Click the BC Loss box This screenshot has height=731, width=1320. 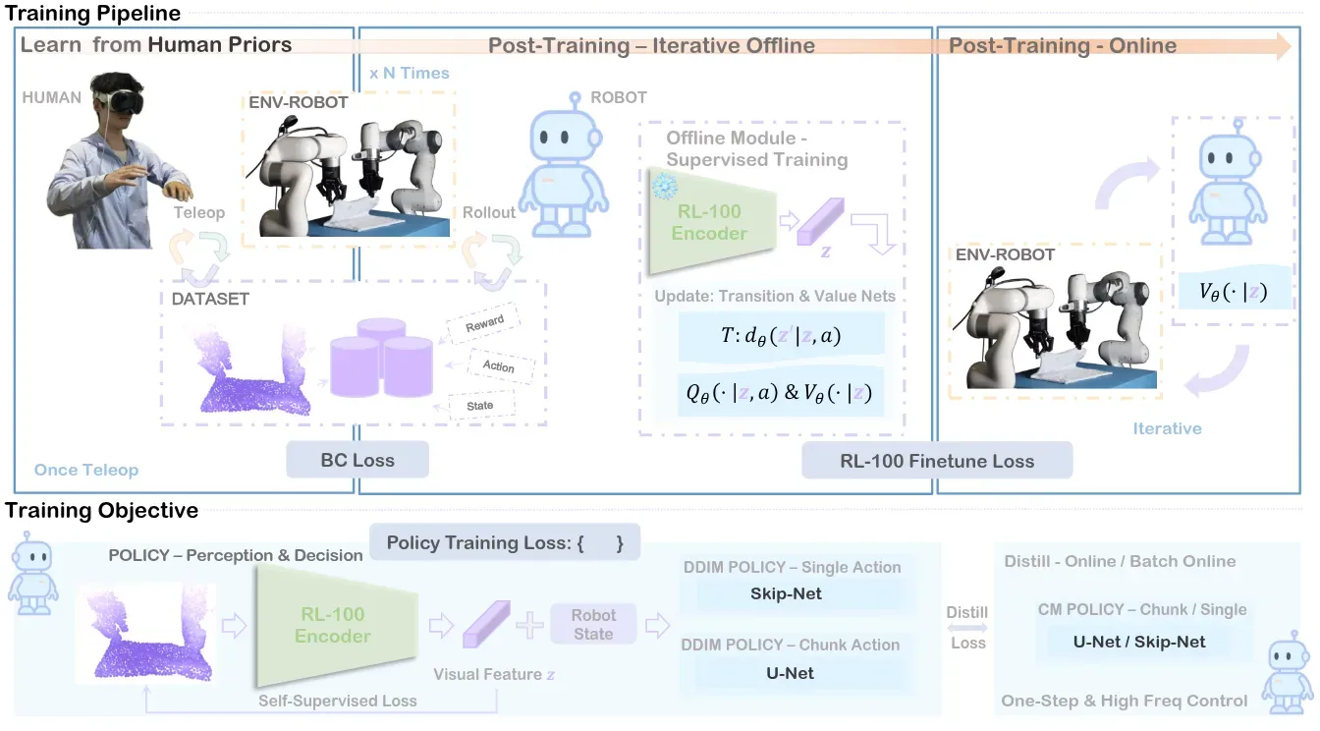357,460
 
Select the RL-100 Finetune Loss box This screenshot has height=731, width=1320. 937,461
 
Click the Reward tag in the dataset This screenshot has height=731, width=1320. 484,323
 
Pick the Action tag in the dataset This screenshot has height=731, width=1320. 499,366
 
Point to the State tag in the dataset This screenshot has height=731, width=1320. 480,406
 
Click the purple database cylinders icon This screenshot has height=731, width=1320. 381,358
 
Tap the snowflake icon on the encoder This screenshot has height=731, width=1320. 665,187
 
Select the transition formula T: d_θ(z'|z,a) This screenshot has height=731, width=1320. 782,335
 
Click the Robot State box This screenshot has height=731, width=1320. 593,624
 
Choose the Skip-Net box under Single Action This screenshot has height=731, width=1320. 786,593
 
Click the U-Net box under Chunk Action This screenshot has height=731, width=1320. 791,673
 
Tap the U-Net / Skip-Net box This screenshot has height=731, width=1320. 1139,642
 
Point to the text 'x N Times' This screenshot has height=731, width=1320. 410,73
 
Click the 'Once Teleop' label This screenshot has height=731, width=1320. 86,470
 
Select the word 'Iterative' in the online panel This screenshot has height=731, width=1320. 1167,428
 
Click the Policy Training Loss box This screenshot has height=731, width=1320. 505,542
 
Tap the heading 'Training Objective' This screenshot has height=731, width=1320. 101,511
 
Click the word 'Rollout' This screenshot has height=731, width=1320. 488,212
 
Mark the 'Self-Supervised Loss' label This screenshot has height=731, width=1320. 338,701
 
